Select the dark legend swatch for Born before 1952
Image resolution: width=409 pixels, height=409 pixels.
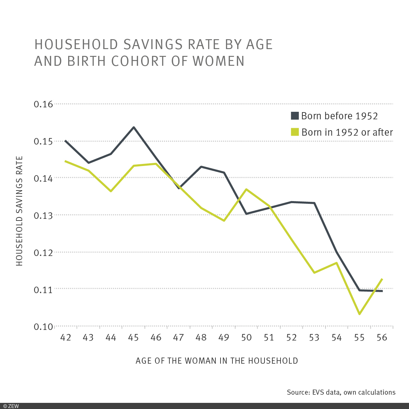(x=295, y=116)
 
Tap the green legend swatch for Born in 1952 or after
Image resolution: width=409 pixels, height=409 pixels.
(x=295, y=132)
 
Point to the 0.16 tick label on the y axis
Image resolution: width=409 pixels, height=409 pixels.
(x=44, y=104)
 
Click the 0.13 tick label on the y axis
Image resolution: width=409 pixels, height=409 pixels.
(x=44, y=215)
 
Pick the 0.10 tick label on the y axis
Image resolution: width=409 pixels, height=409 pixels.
(x=44, y=327)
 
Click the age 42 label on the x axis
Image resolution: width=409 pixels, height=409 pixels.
(x=65, y=337)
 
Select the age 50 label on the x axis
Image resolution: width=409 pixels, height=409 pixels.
(x=246, y=337)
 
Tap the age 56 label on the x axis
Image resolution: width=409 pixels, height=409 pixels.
(x=382, y=337)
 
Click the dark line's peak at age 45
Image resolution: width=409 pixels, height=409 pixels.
(x=134, y=127)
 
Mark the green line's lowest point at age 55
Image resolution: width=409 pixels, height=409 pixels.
(x=359, y=314)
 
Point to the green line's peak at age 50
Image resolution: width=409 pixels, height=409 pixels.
(x=246, y=189)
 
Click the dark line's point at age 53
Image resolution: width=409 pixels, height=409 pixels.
(x=314, y=203)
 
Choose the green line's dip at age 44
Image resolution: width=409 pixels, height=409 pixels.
(x=111, y=191)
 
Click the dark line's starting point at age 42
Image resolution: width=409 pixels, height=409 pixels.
(x=65, y=140)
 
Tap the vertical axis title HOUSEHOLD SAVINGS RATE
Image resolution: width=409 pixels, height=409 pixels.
(x=19, y=211)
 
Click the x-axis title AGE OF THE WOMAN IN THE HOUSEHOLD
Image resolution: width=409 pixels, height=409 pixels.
(x=217, y=361)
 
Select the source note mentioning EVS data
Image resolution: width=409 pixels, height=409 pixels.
(x=341, y=392)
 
